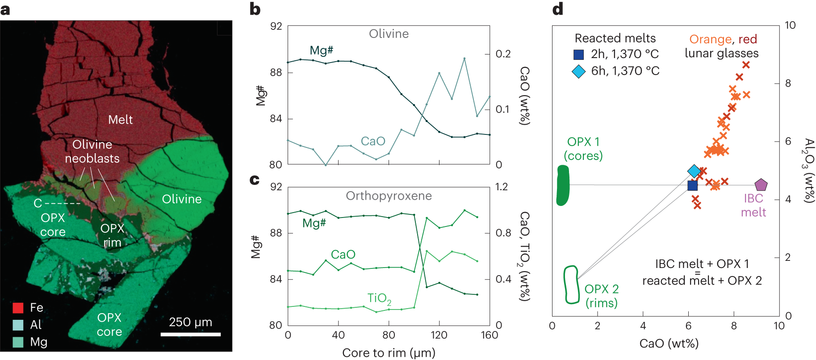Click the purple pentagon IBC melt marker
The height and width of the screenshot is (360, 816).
click(x=761, y=184)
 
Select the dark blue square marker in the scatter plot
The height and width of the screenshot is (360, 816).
click(x=692, y=185)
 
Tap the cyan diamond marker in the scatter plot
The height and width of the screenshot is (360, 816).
click(x=694, y=171)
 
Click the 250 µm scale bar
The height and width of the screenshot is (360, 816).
click(x=191, y=334)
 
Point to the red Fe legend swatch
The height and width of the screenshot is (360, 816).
click(x=18, y=308)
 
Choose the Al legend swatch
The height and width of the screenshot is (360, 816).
click(x=18, y=325)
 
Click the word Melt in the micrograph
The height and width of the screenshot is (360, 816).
click(x=120, y=120)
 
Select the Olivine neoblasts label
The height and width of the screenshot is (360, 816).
click(x=92, y=151)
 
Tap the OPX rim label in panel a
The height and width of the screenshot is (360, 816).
click(x=112, y=235)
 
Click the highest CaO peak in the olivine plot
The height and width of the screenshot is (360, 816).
click(x=464, y=58)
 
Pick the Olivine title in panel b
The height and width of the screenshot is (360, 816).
click(x=389, y=34)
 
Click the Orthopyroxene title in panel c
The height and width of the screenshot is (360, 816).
click(x=389, y=196)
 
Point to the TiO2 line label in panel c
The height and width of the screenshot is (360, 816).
click(x=379, y=298)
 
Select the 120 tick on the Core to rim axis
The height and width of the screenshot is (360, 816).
click(x=439, y=335)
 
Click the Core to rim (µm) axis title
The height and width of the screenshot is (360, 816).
click(x=389, y=353)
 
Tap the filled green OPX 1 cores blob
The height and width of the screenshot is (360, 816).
click(x=563, y=185)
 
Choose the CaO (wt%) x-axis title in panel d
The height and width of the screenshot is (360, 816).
click(x=669, y=343)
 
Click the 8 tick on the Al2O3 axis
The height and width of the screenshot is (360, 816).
click(x=788, y=83)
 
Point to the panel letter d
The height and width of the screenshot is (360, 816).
click(x=557, y=9)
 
